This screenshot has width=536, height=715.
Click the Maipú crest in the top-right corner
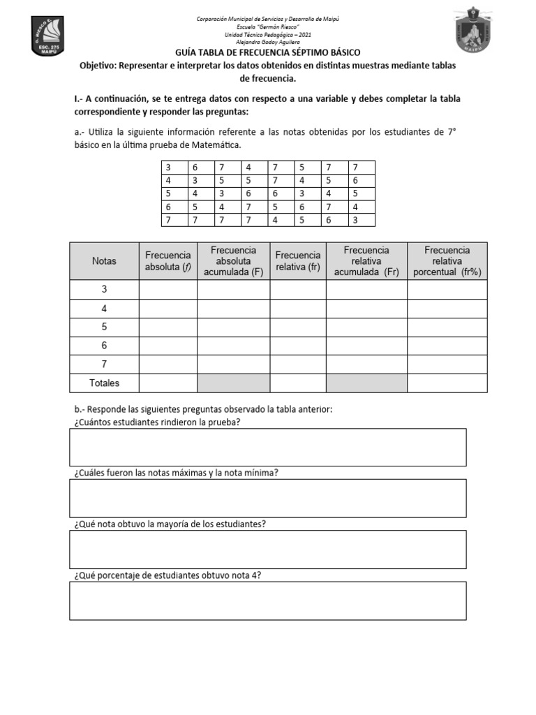coord(480,31)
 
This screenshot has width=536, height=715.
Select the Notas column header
coord(104,261)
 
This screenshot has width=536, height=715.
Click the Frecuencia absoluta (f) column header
coord(167,261)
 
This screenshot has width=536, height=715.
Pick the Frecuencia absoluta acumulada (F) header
coord(233,261)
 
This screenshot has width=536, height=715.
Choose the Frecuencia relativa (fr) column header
coord(298,261)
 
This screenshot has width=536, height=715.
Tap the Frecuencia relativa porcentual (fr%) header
coord(447,261)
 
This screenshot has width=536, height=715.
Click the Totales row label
coord(104,383)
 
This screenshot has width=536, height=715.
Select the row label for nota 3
coord(104,289)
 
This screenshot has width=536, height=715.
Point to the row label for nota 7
coord(104,364)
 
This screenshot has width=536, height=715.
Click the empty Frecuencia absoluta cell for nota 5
coord(167,327)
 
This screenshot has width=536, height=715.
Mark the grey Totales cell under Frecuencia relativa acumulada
coord(366,383)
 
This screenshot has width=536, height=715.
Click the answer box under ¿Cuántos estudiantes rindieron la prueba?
coord(267,447)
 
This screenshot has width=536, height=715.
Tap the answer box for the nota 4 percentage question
coord(267,600)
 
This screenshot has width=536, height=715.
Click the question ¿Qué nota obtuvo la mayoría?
coord(169,524)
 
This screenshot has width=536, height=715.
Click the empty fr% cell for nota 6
coord(447,346)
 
